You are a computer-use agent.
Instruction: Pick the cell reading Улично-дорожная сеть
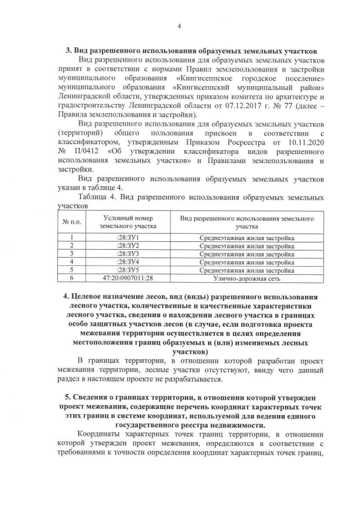point(246,278)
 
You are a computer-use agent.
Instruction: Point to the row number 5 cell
point(72,270)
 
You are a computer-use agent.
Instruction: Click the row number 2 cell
point(72,246)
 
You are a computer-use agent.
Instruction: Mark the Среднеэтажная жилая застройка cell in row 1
point(246,238)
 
